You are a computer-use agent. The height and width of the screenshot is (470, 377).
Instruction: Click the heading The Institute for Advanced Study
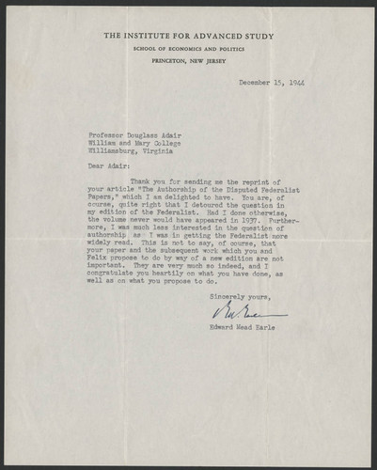tap(187, 36)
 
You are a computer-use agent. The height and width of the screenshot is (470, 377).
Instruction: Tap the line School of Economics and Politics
tap(187, 47)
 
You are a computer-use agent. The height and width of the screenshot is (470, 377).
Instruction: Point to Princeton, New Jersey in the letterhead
tap(187, 58)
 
